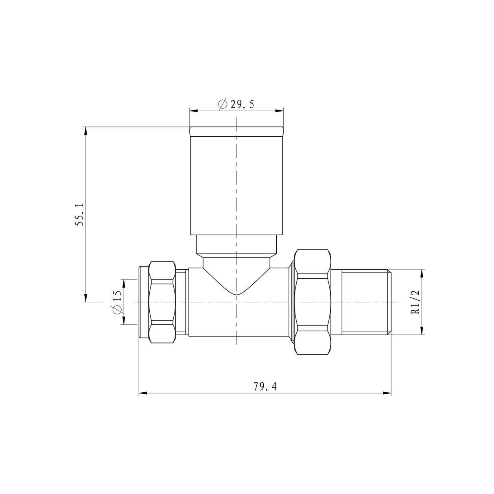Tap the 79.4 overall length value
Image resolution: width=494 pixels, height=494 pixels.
point(265,387)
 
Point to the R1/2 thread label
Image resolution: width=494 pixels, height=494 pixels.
point(415,302)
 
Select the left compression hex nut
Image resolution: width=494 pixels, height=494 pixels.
point(163,302)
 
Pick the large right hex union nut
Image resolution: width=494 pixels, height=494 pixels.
point(313,302)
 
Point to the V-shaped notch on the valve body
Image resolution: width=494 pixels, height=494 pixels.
point(236,285)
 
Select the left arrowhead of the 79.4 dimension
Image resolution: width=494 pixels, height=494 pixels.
point(142,393)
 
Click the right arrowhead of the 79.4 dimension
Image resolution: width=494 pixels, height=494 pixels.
point(387,393)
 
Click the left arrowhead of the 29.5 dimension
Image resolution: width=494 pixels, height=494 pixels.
point(193,110)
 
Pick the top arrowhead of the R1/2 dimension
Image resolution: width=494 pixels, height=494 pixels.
point(422,273)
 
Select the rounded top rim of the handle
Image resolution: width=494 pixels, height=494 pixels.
point(236,131)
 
